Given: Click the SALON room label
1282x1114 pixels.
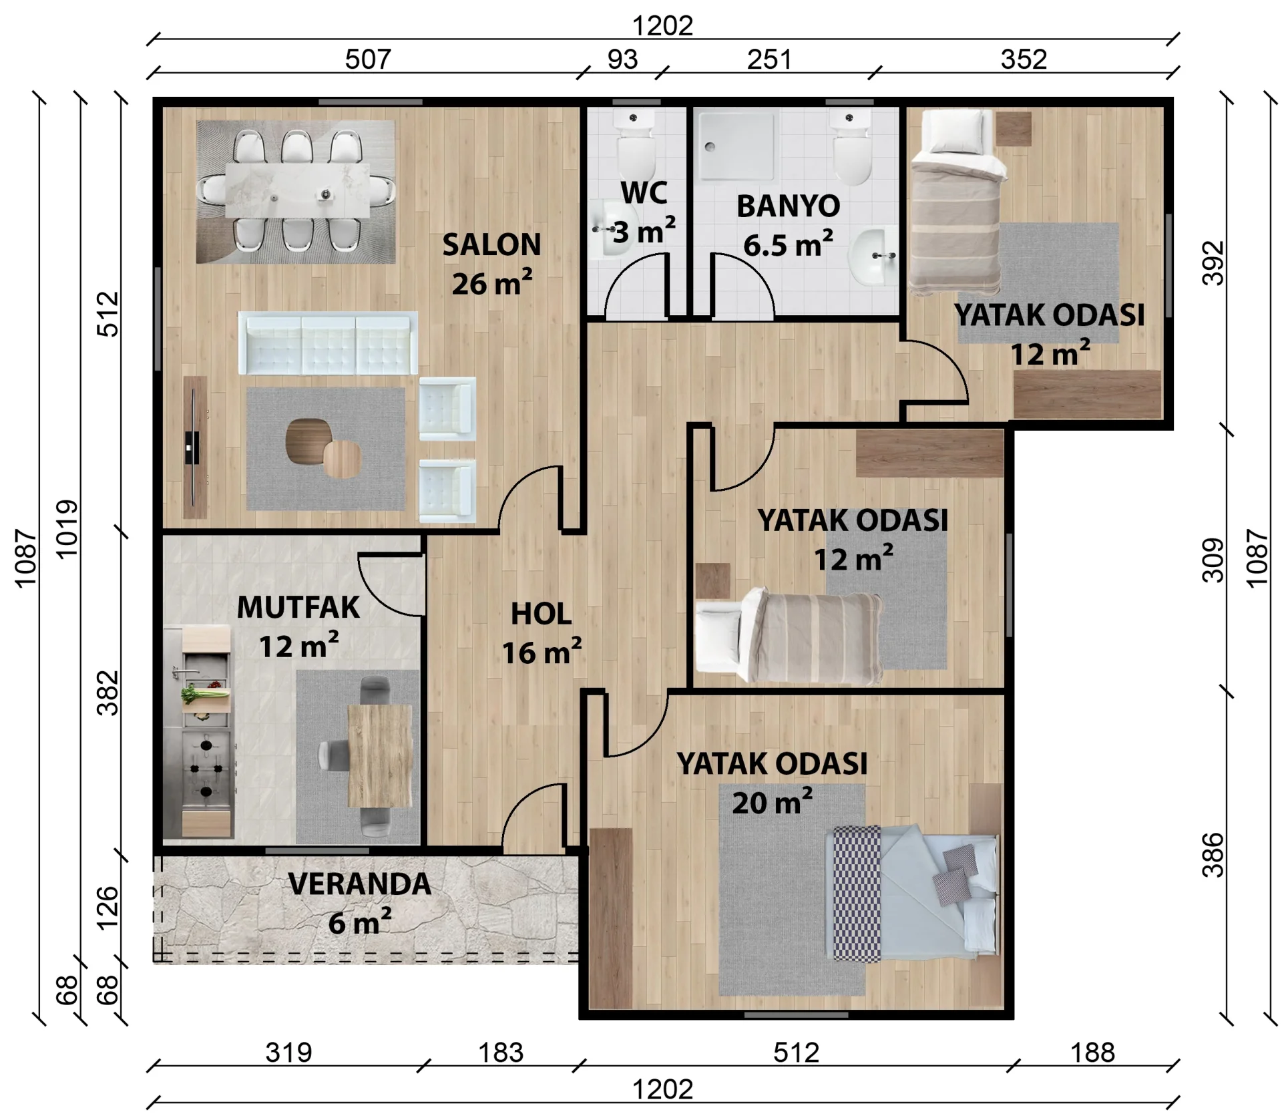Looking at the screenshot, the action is [491, 245].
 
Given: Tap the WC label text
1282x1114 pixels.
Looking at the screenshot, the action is [644, 193].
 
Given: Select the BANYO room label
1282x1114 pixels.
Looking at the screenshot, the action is [788, 206].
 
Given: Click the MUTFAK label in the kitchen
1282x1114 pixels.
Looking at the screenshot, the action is [298, 608].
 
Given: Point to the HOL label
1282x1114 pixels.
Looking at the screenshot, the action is [541, 614].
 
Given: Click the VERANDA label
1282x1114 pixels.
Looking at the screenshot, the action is [360, 884].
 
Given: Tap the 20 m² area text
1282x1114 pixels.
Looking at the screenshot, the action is [773, 801].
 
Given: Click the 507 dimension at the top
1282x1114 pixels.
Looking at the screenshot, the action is [368, 59].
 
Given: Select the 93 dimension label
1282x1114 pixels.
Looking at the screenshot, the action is [622, 59].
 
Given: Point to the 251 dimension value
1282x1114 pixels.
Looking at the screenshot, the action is [769, 59].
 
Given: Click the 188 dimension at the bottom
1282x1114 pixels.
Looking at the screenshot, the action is [1093, 1053].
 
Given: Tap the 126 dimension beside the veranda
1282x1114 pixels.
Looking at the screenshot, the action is [108, 907].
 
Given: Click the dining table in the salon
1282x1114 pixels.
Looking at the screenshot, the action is [297, 190].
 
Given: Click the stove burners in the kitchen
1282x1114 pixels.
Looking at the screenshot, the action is [206, 768].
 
